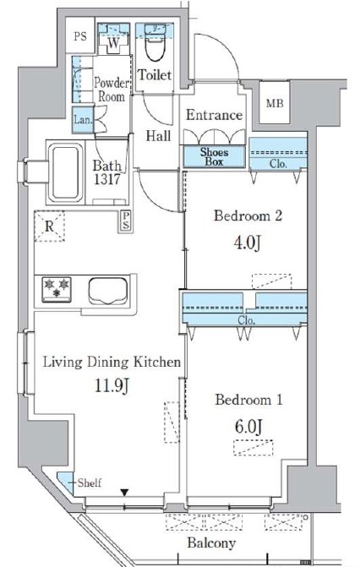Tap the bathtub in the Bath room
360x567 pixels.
65,172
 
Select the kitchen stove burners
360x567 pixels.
57,288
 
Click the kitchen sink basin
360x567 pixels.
108,290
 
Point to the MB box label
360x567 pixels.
275,104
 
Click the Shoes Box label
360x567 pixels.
214,156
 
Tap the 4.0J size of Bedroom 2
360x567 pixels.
248,243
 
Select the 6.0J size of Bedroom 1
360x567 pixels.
248,427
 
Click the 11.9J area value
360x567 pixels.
112,385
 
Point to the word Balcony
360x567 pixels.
211,542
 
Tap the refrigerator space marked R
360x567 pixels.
50,226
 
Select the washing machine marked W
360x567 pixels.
113,42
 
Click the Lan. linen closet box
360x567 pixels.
83,120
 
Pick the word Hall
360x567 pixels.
158,136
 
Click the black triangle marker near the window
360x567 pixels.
124,492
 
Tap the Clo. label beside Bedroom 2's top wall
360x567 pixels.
278,164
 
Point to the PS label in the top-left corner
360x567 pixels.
80,36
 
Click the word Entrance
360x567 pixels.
214,115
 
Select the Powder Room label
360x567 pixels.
112,90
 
